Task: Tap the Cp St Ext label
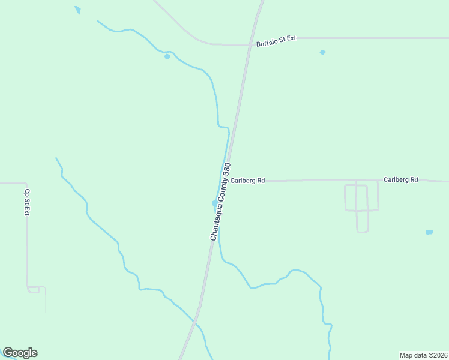pyautogui.click(x=26, y=203)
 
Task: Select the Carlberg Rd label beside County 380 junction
pyautogui.click(x=247, y=180)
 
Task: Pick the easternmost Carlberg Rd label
pyautogui.click(x=400, y=179)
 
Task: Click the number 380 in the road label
pyautogui.click(x=226, y=170)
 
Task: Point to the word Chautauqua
pyautogui.click(x=214, y=223)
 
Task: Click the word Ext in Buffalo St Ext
pyautogui.click(x=291, y=38)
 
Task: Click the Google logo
pyautogui.click(x=20, y=353)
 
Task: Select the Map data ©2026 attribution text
pyautogui.click(x=423, y=355)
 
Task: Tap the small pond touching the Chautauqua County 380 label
pyautogui.click(x=215, y=203)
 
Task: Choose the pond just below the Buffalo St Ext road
pyautogui.click(x=322, y=52)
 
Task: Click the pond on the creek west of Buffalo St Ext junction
pyautogui.click(x=167, y=56)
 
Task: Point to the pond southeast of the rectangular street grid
pyautogui.click(x=429, y=232)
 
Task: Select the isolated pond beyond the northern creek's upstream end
pyautogui.click(x=77, y=10)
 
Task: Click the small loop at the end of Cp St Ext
pyautogui.click(x=34, y=289)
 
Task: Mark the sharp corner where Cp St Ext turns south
pyautogui.click(x=26, y=184)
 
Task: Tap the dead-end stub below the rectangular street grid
pyautogui.click(x=362, y=230)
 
